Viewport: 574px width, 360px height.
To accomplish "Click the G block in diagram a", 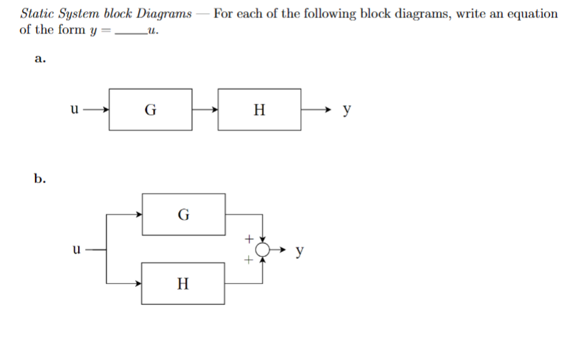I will pyautogui.click(x=150, y=109).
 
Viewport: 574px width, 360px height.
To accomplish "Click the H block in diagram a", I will pyautogui.click(x=259, y=109).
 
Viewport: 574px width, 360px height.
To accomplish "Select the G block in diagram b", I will pyautogui.click(x=183, y=214).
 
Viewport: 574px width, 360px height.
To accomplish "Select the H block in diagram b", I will pyautogui.click(x=183, y=283).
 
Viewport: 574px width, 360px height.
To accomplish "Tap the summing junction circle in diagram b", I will pyautogui.click(x=263, y=249).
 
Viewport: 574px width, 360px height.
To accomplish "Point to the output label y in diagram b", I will pyautogui.click(x=299, y=250).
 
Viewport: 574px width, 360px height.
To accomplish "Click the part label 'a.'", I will pyautogui.click(x=40, y=59).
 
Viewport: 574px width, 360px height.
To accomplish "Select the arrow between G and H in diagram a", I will pyautogui.click(x=205, y=109).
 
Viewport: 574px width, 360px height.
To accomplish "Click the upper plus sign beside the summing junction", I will pyautogui.click(x=247, y=239).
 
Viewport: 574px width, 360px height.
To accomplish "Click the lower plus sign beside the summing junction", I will pyautogui.click(x=247, y=260).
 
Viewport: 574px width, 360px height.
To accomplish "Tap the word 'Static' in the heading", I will pyautogui.click(x=38, y=13).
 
